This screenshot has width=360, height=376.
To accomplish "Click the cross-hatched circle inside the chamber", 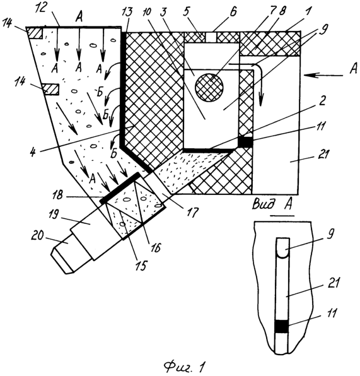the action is pos(209,88).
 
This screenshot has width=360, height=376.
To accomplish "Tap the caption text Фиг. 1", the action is pos(185,366).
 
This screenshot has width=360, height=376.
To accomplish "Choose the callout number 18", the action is pos(58,194).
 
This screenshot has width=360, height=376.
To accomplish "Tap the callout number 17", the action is pos(194,212).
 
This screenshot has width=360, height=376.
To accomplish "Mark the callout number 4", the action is pos(33,153).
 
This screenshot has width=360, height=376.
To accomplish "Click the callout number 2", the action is pos(322,101).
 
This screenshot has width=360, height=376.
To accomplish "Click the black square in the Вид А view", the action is pos(281,327).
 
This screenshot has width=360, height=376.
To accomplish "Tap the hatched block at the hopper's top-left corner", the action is pos(35,33).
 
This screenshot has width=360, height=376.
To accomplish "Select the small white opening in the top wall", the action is pos(211,37).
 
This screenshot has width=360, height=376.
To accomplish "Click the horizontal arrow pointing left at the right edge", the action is pos(323,76).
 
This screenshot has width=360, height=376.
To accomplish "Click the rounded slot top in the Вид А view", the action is pos(283,248).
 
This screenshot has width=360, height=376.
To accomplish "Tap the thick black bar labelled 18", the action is pos(120,188).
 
